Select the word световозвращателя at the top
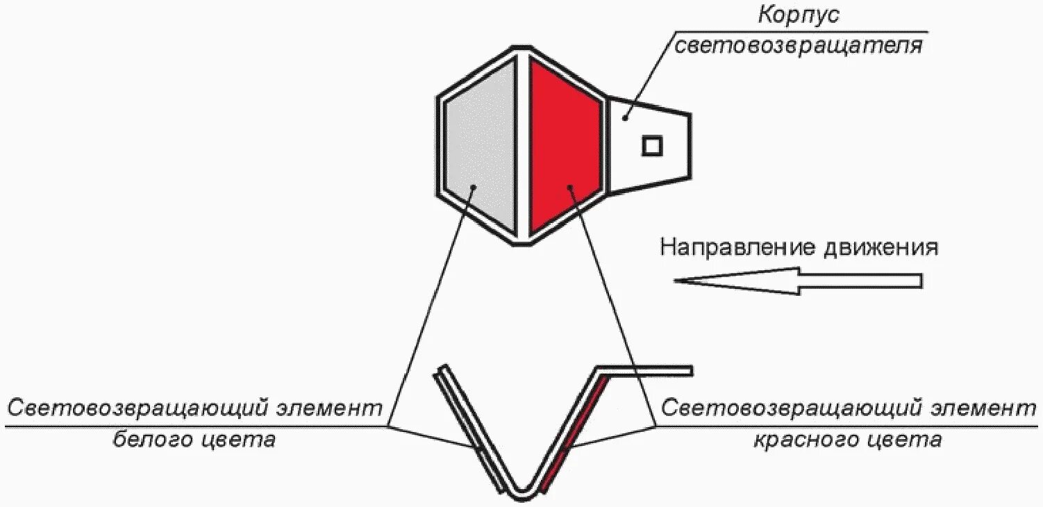click(799, 46)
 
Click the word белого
click(149, 440)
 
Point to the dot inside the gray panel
click(474, 186)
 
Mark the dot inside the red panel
click(569, 186)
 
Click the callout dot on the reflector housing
click(626, 117)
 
